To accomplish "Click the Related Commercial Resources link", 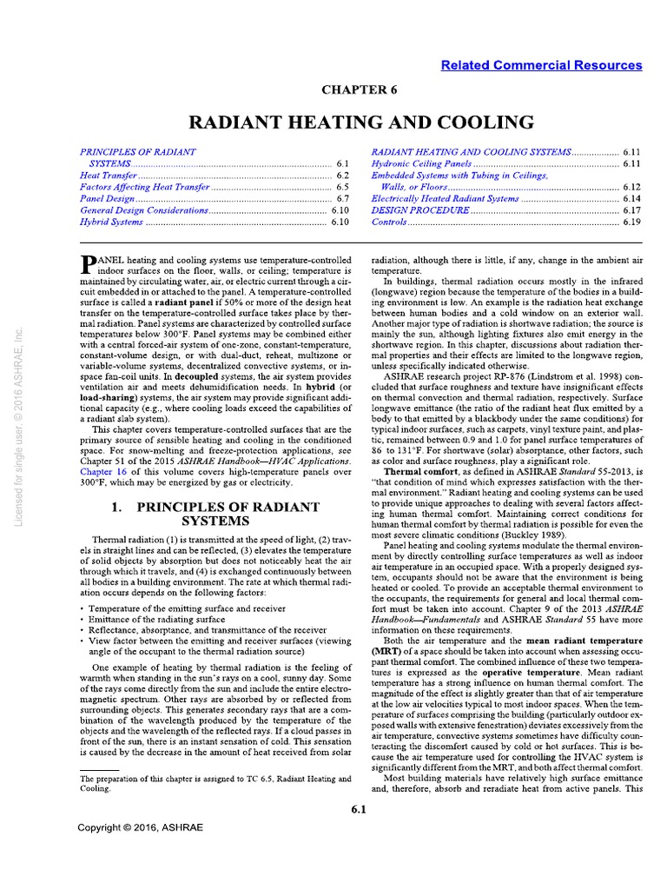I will click(x=541, y=65).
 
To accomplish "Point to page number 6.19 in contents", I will click(x=631, y=223).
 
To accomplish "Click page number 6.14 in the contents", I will click(x=631, y=199).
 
